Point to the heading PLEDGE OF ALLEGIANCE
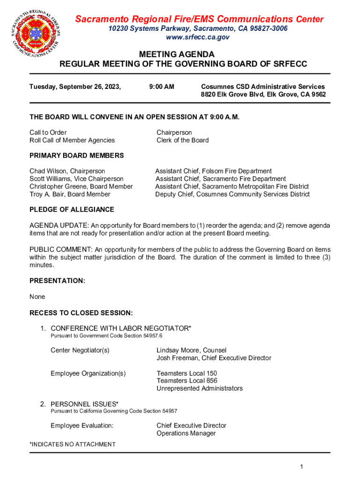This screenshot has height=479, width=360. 72,210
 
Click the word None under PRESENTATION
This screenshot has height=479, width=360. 37,297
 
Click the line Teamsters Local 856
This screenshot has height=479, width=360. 187,381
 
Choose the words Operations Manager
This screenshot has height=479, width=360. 186,433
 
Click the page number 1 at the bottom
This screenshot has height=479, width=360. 302,467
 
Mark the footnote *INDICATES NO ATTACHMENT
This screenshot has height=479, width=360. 72,444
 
